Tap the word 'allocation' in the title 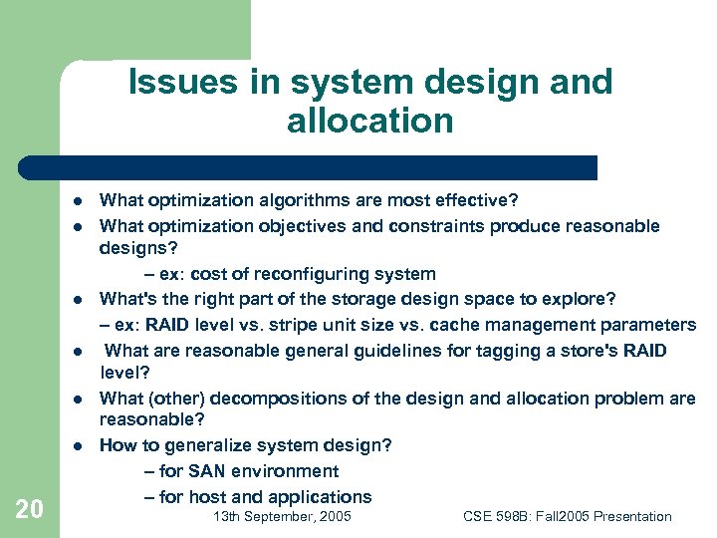pyautogui.click(x=369, y=121)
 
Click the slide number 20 pyautogui.click(x=30, y=509)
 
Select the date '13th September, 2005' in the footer pyautogui.click(x=282, y=516)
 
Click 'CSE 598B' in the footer pyautogui.click(x=497, y=516)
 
